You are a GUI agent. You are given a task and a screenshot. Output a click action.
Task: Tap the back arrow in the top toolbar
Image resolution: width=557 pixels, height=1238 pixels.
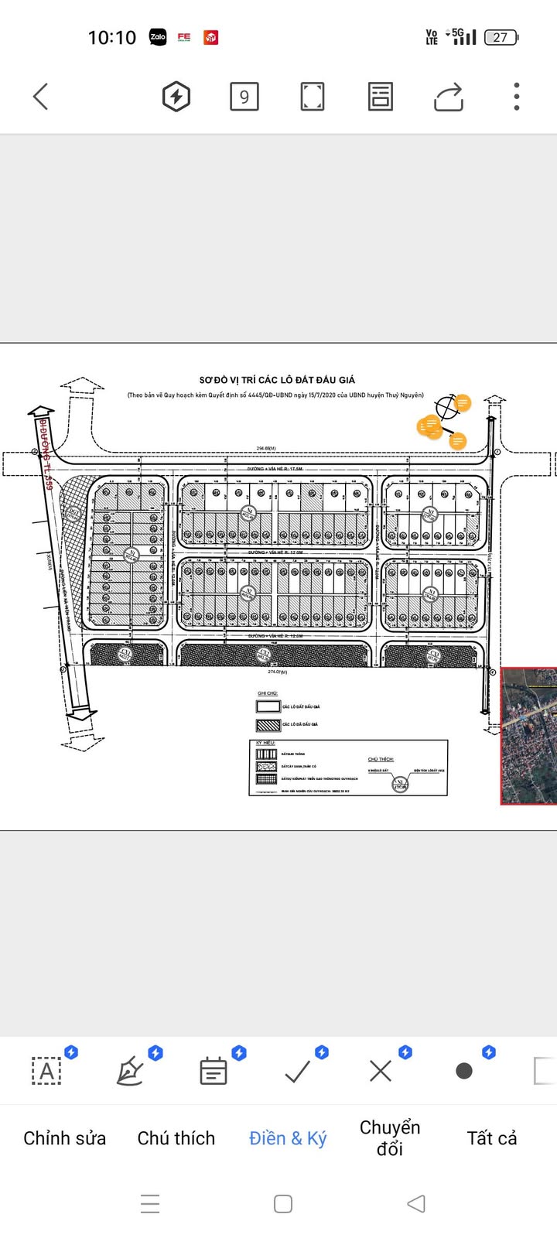[x=41, y=97]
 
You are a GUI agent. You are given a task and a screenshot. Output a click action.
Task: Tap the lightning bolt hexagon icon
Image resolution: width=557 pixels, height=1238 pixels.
[x=176, y=97]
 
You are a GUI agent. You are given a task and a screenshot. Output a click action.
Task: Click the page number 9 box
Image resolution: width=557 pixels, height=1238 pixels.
[x=244, y=97]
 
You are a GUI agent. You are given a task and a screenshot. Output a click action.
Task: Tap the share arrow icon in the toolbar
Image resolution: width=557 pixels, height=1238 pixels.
[x=449, y=97]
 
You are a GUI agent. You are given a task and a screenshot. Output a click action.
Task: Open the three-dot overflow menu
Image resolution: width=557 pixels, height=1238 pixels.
[x=517, y=97]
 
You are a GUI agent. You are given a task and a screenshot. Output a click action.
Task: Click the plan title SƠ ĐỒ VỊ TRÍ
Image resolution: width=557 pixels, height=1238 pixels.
[x=277, y=380]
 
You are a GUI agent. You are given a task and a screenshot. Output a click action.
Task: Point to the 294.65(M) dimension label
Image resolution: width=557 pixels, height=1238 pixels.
[x=266, y=448]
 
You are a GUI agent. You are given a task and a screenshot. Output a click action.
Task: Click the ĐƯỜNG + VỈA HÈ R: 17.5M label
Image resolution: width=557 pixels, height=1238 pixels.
[x=275, y=469]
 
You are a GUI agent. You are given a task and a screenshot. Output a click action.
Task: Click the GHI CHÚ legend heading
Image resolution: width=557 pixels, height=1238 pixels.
[x=267, y=693]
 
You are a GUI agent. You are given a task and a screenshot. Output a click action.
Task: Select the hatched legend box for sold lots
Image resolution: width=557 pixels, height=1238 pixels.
[x=267, y=725]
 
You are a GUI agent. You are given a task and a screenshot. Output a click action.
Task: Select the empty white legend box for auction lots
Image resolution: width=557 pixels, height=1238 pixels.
[x=267, y=706]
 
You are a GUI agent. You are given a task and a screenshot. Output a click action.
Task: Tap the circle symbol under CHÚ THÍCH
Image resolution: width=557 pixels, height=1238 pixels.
[x=400, y=784]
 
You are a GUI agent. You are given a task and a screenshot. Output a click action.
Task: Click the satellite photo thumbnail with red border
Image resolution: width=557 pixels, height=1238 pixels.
[x=529, y=736]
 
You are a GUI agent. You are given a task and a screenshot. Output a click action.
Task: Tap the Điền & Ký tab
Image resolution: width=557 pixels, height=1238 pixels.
[x=288, y=1138]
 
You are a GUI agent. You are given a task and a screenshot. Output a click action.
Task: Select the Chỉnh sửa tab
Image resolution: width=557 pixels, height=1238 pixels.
[x=64, y=1138]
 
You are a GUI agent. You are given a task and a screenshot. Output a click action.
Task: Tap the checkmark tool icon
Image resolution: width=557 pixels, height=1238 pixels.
[x=298, y=1071]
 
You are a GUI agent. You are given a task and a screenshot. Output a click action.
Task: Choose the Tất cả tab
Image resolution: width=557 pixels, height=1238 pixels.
[x=492, y=1138]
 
